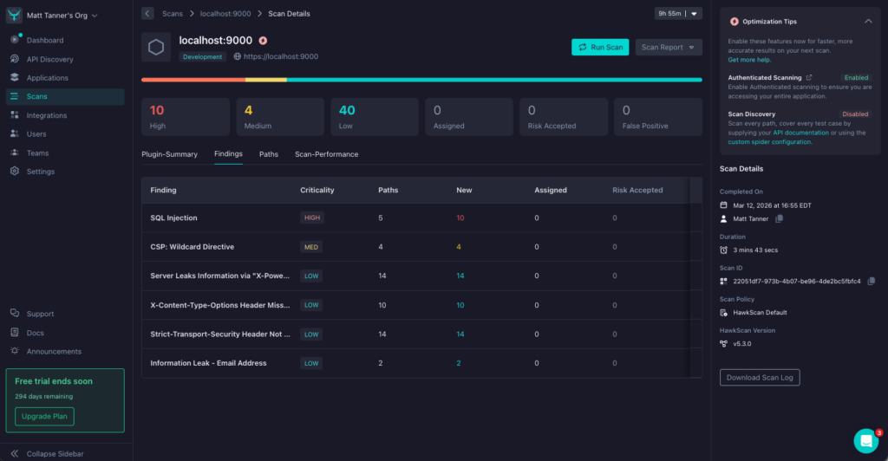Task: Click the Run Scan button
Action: click(x=600, y=47)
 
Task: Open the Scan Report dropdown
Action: click(x=669, y=47)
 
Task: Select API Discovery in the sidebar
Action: click(x=49, y=59)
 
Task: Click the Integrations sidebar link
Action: click(x=46, y=115)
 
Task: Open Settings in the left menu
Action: click(x=40, y=172)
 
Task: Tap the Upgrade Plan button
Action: click(x=44, y=416)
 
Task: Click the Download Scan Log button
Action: click(x=760, y=377)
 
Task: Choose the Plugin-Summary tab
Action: click(x=170, y=154)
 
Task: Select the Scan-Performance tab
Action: click(x=326, y=154)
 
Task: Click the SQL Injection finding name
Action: click(x=173, y=218)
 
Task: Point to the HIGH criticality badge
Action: click(x=312, y=218)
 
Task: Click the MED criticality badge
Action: click(x=310, y=247)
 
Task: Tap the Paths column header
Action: click(x=388, y=190)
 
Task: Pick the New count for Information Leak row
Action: click(x=459, y=363)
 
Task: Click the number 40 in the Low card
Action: click(x=347, y=110)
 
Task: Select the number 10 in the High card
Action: click(x=157, y=110)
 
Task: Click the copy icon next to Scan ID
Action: click(x=872, y=281)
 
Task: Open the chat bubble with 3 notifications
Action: click(x=865, y=440)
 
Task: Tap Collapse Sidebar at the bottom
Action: click(x=55, y=453)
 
